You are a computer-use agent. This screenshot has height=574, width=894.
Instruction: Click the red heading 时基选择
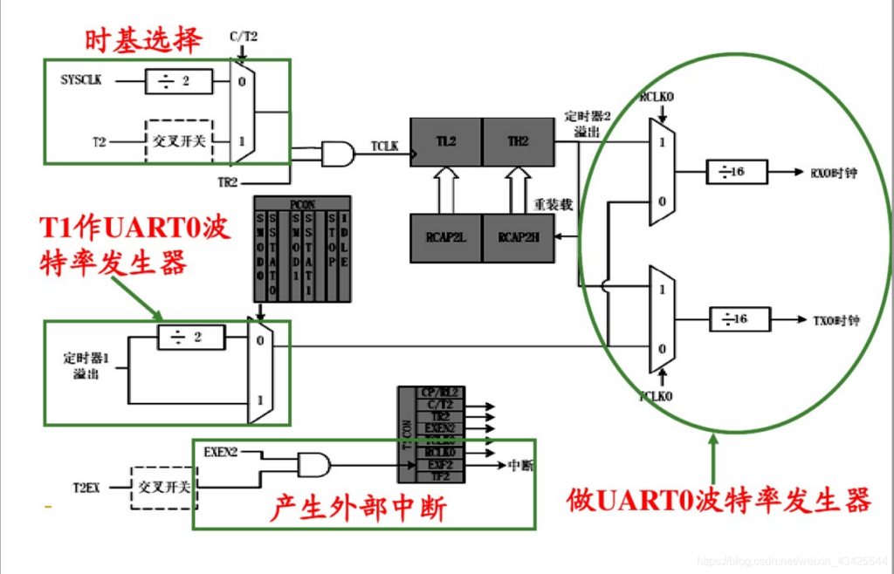(144, 39)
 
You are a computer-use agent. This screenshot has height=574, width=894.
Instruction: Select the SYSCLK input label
(81, 81)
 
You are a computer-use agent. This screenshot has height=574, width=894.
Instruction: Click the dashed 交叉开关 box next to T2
(178, 140)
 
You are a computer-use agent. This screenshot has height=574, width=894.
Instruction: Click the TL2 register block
(445, 140)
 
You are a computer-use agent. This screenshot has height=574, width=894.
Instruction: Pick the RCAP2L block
(445, 236)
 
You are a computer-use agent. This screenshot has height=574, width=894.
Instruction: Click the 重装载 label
(554, 205)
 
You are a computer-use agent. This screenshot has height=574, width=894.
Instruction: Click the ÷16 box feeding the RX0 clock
(737, 172)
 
